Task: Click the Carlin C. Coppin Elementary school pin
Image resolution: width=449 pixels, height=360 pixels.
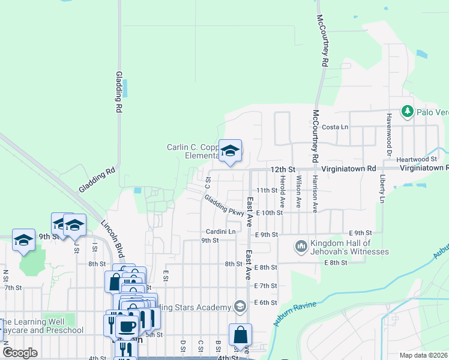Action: pos(230,151)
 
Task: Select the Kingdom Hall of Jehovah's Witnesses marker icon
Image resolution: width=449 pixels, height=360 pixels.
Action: pos(301,247)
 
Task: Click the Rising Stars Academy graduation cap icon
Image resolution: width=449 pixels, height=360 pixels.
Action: pos(240,307)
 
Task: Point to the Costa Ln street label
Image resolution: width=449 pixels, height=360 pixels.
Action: pos(335,127)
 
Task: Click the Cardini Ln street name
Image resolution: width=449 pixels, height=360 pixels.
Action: pos(221,231)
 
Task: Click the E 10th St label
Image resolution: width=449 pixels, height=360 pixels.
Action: pos(269,212)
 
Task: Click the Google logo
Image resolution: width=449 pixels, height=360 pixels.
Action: pos(20,353)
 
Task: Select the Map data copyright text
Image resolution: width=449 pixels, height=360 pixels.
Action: pos(423,355)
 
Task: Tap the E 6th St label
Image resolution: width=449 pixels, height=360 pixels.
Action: pos(265,303)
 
